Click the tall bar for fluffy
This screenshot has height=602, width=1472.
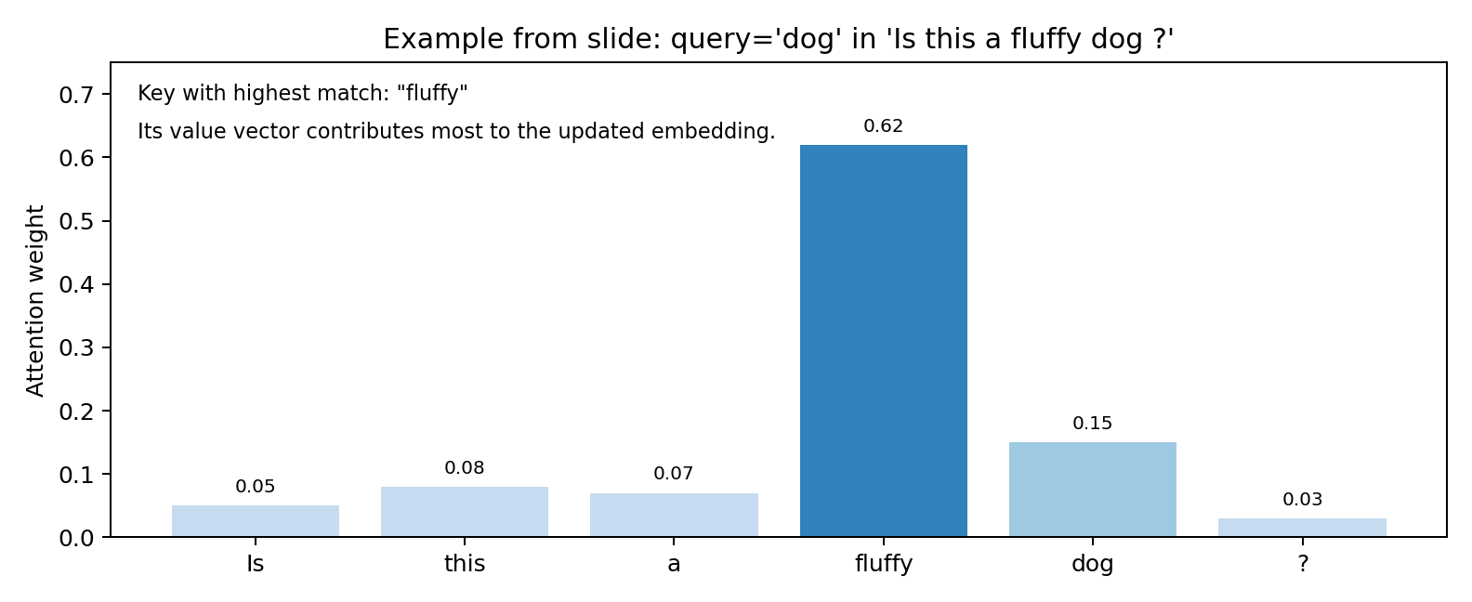point(883,340)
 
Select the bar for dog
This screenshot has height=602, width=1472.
point(1092,490)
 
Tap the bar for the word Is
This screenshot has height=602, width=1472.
point(255,521)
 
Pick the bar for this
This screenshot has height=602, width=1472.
point(465,512)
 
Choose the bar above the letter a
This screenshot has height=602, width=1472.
point(674,516)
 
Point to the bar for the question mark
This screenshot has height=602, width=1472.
point(1302,528)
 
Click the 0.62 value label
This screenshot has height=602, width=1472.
point(883,126)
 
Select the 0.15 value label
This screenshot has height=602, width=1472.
point(1092,424)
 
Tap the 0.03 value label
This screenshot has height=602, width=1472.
point(1302,500)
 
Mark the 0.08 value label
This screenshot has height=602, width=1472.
point(465,468)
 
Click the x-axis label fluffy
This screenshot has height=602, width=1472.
point(883,564)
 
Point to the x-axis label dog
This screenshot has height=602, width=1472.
point(1092,564)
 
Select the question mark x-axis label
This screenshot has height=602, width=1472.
point(1303,563)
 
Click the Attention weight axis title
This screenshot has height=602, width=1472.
point(34,300)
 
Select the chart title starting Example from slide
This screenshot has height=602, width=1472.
point(778,39)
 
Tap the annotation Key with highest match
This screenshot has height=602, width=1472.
point(302,93)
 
